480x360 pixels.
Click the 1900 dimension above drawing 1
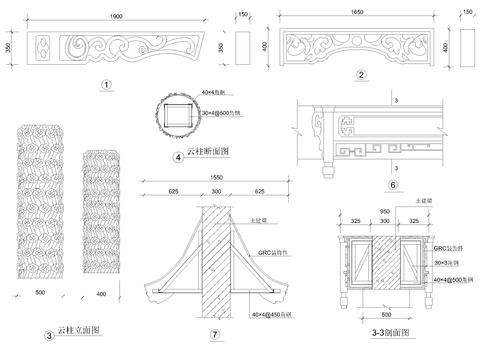[118, 18]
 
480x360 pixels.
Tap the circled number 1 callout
[105, 85]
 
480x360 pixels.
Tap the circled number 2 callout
[359, 75]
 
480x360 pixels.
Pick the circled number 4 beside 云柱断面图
[177, 156]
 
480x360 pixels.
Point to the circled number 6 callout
[393, 185]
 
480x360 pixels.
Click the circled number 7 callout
[215, 334]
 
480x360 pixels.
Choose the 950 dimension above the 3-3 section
[384, 213]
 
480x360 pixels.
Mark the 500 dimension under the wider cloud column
[40, 293]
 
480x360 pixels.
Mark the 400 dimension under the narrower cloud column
[102, 293]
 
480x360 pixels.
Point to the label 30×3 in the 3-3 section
[444, 263]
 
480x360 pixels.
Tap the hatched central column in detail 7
[218, 260]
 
